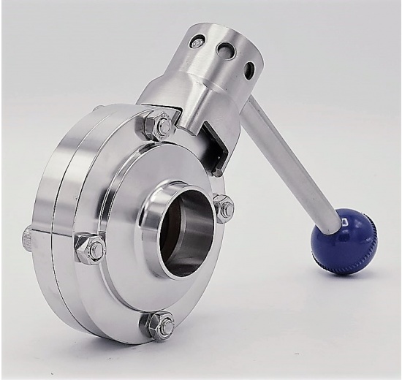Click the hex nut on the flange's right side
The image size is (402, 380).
[224, 208]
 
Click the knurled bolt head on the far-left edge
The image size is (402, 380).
[27, 237]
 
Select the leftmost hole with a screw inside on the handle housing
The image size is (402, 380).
[197, 42]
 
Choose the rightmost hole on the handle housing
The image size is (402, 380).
[250, 69]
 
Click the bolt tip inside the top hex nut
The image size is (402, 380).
[162, 126]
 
